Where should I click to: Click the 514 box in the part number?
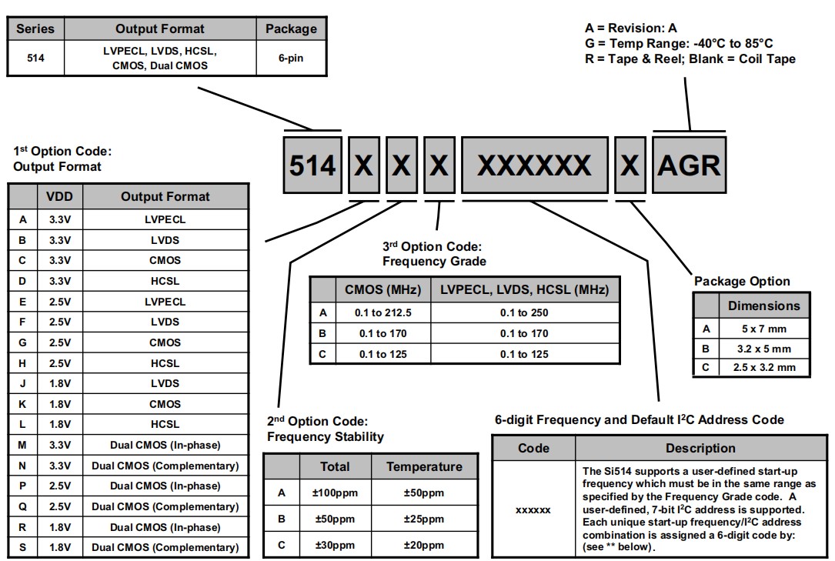pyautogui.click(x=312, y=165)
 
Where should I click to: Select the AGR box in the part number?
pyautogui.click(x=689, y=165)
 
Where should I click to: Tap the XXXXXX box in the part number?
pyautogui.click(x=534, y=165)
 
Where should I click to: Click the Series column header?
pyautogui.click(x=35, y=29)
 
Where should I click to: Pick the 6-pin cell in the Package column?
pyautogui.click(x=290, y=58)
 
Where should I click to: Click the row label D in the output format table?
pyautogui.click(x=22, y=281)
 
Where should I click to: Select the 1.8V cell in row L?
pyautogui.click(x=59, y=424)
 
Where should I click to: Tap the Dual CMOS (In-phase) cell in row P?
pyautogui.click(x=165, y=486)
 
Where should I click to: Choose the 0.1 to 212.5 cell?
pyautogui.click(x=382, y=312)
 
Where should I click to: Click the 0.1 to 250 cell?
pyautogui.click(x=524, y=312)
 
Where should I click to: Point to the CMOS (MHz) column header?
pyautogui.click(x=382, y=289)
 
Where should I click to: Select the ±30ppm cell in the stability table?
pyautogui.click(x=335, y=545)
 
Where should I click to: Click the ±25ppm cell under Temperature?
pyautogui.click(x=424, y=519)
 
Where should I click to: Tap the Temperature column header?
pyautogui.click(x=424, y=467)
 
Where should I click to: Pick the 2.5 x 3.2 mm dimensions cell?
pyautogui.click(x=764, y=367)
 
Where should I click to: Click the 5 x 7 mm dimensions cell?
pyautogui.click(x=764, y=329)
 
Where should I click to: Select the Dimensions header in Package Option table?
pyautogui.click(x=764, y=306)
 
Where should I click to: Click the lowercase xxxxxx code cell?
pyautogui.click(x=533, y=509)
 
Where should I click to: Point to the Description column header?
pyautogui.click(x=700, y=448)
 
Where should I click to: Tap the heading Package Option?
pyautogui.click(x=742, y=281)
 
